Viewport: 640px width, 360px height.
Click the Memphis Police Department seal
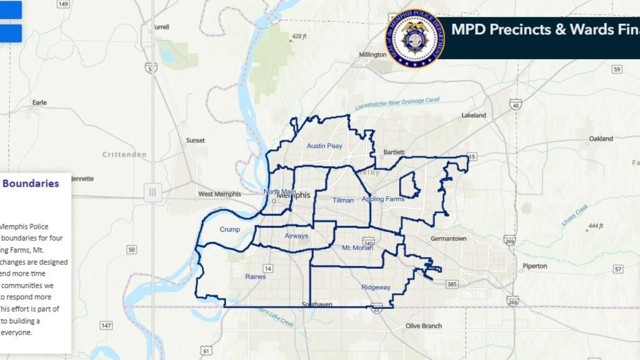pos(415,38)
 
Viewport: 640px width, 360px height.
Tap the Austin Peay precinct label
pos(324,146)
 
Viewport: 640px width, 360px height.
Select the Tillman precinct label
pos(343,200)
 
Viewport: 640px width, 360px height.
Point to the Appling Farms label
pos(383,199)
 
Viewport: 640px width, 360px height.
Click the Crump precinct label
pos(230,229)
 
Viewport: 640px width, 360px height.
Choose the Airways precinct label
pos(296,236)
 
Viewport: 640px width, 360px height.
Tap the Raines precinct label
pos(255,277)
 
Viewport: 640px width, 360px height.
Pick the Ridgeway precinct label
pos(376,287)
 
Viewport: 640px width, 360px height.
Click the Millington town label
pos(373,55)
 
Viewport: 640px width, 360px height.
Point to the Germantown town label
pos(448,239)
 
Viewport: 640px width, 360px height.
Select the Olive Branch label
pos(423,326)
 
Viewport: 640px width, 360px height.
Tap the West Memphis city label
pos(220,194)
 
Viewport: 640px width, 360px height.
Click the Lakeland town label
pos(473,115)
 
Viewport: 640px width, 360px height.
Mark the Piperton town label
pos(535,266)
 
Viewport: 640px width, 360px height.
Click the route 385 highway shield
pos(452,284)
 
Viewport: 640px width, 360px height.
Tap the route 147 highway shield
pos(106,325)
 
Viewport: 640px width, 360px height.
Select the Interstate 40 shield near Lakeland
pos(516,105)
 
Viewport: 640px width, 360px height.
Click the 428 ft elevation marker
pos(299,36)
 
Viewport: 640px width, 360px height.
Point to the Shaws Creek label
pos(575,215)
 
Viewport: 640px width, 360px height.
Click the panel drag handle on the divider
pos(153,192)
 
